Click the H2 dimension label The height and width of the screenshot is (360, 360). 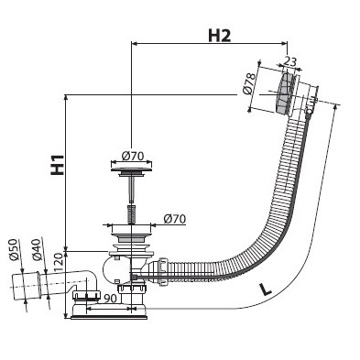tap(220, 36)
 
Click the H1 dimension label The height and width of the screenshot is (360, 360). tap(57, 165)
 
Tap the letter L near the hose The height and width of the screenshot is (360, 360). tap(265, 289)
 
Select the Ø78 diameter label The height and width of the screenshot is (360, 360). tap(249, 82)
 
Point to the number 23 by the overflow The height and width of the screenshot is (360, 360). tap(289, 61)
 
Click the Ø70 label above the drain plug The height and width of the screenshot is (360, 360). tap(133, 157)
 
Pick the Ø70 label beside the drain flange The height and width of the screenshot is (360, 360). tap(174, 219)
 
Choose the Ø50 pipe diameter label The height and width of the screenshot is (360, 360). tap(15, 251)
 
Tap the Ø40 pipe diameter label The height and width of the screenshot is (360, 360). tap(36, 249)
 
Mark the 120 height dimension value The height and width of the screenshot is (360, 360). tap(60, 264)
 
